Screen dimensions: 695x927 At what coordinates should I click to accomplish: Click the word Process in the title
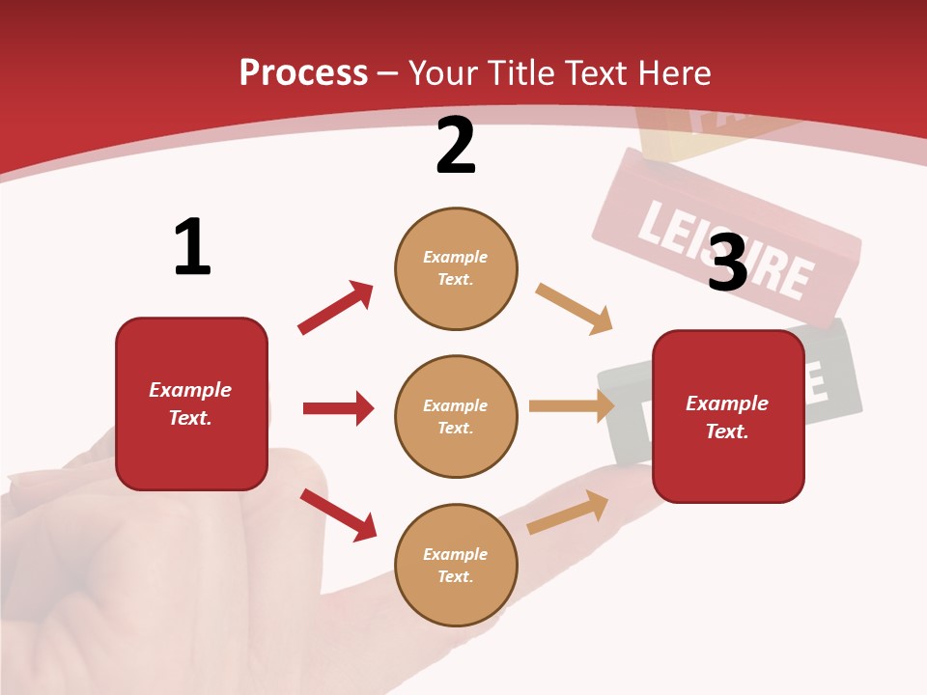303,73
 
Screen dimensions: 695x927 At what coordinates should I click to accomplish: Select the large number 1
192,248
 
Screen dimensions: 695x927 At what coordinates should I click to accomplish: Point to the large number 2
456,147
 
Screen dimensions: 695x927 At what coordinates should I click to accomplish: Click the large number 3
728,263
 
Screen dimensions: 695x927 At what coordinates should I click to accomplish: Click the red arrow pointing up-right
335,308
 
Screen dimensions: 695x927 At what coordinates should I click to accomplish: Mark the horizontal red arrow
338,408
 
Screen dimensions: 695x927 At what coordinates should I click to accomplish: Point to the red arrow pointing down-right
338,514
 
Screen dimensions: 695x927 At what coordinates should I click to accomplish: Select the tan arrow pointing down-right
574,309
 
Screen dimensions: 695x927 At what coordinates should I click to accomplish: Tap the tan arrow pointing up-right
568,512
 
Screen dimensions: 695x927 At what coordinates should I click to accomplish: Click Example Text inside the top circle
456,268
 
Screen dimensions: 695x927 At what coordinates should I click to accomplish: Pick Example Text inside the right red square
727,417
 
